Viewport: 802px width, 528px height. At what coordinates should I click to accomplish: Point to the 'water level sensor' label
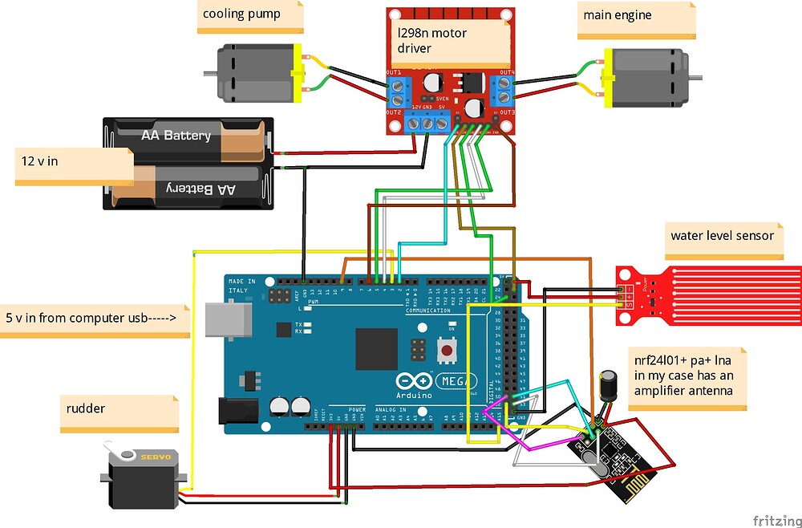click(x=723, y=236)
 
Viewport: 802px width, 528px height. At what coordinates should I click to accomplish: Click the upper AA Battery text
click(x=176, y=136)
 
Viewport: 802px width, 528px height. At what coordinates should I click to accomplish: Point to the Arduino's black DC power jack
click(x=238, y=412)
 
